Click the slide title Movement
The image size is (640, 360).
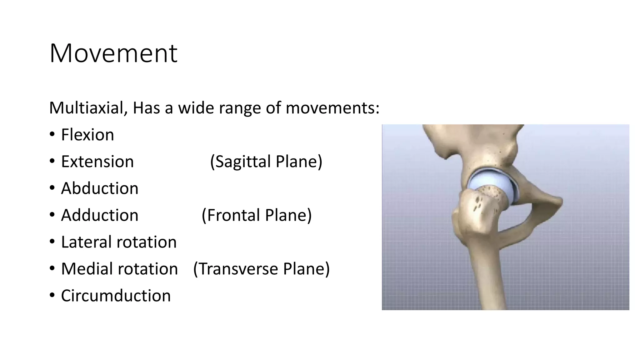(113, 53)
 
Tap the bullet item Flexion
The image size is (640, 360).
(87, 135)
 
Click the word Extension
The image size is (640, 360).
(97, 162)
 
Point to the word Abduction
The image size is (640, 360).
(99, 188)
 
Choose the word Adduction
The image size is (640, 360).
(99, 215)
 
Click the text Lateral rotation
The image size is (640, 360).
(119, 242)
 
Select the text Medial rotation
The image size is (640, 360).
(119, 269)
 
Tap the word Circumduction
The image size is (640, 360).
(116, 296)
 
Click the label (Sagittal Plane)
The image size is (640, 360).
(266, 162)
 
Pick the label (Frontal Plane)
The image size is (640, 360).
(257, 215)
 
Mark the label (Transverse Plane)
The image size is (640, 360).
(261, 269)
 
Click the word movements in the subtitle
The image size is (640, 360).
(332, 108)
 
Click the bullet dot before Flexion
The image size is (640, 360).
(52, 135)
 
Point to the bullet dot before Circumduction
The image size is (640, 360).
(52, 296)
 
